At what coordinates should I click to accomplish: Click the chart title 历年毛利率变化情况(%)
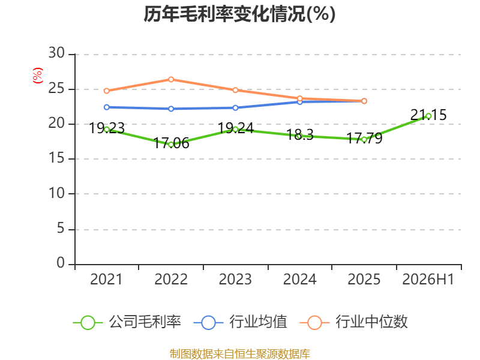(239, 14)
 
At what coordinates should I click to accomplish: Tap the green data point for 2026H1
(428, 116)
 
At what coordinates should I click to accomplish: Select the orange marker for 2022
(171, 80)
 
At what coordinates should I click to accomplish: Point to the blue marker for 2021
(107, 107)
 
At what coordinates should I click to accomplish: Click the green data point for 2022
(171, 145)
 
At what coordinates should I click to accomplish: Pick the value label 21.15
(428, 115)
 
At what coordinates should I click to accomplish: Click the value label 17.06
(171, 143)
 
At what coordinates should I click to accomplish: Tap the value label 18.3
(299, 134)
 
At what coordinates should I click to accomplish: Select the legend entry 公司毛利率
(127, 322)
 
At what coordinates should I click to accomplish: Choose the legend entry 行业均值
(241, 322)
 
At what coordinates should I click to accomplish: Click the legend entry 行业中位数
(353, 322)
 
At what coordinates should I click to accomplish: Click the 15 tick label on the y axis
(56, 158)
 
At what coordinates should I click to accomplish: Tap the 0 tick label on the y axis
(61, 263)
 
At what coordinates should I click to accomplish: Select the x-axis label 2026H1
(428, 280)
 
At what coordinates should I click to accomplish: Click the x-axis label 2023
(235, 280)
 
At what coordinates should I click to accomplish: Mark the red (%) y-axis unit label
(38, 76)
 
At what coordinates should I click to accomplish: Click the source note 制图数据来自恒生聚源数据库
(239, 354)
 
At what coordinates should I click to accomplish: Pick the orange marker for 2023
(235, 91)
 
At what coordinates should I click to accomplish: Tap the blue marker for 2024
(299, 101)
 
